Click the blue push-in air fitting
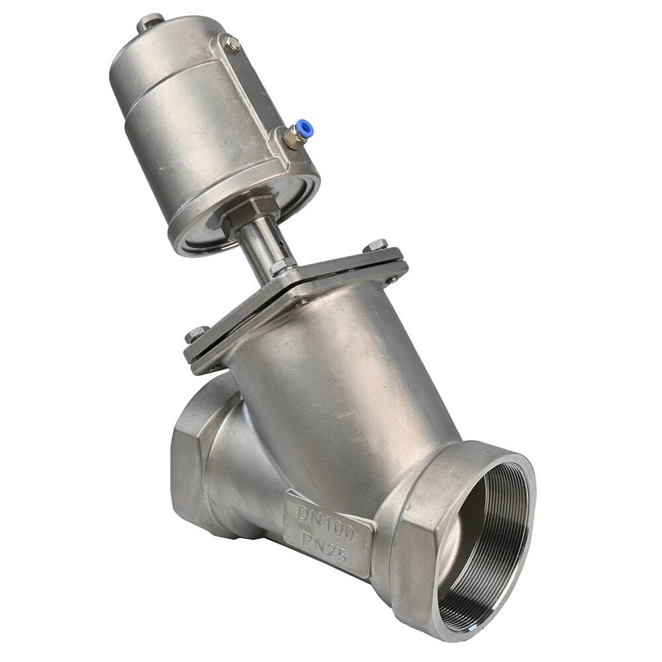(303, 128)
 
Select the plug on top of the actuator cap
(150, 23)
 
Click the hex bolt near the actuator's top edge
(232, 44)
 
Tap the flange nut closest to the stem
(281, 267)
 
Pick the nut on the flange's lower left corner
(197, 334)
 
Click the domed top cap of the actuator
(165, 53)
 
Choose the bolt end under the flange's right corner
(392, 279)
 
